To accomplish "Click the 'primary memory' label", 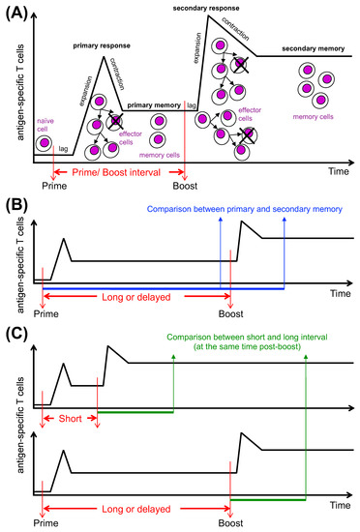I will click(155, 103).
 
